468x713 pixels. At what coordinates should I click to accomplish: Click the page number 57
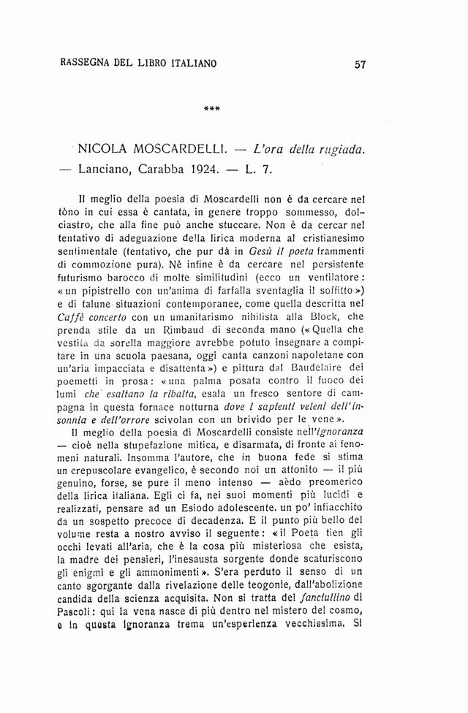(x=359, y=64)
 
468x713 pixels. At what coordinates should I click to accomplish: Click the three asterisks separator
(x=212, y=111)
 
